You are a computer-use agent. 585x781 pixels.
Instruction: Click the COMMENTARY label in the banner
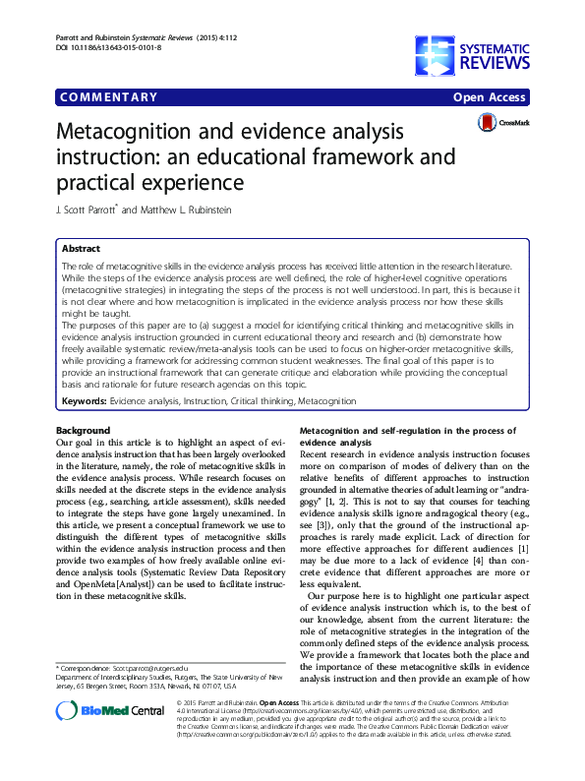[x=108, y=97]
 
